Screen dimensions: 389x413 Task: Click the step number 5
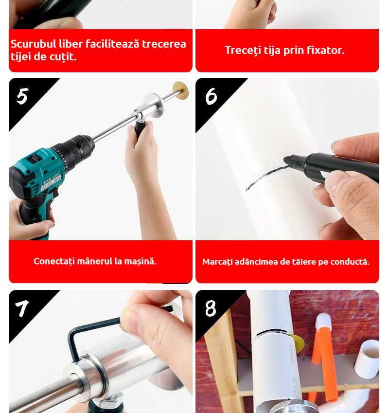coord(23,96)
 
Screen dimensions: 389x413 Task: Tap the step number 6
coord(211,96)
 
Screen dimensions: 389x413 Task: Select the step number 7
coord(22,308)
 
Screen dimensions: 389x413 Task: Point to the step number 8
coord(211,308)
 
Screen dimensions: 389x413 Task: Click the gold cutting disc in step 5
coord(180,90)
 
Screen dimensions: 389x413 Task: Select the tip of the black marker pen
coord(285,160)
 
